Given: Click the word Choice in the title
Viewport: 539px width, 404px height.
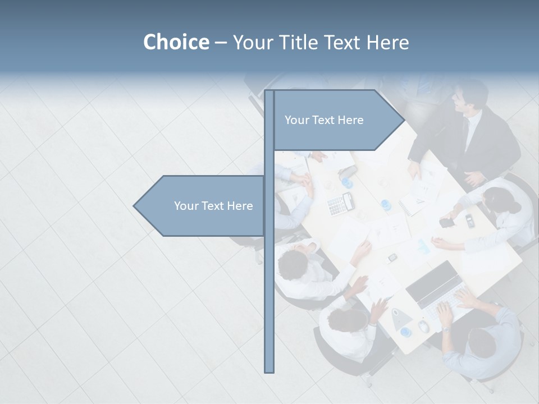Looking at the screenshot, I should [x=176, y=42].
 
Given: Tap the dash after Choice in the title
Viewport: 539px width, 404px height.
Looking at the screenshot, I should [x=221, y=43].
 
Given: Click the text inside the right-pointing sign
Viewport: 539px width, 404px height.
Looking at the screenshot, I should [x=324, y=120].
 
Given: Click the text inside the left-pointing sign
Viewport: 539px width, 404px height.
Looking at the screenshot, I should [x=213, y=206].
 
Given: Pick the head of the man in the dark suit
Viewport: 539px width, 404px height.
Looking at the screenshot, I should [x=469, y=97].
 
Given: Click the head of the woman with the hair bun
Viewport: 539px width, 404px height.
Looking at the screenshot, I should [x=497, y=200].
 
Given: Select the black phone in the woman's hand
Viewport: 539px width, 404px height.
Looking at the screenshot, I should [x=447, y=223].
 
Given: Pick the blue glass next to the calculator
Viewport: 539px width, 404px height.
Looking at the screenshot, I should [x=348, y=183].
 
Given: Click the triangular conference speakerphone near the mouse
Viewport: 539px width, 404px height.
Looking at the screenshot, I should [x=401, y=318].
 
